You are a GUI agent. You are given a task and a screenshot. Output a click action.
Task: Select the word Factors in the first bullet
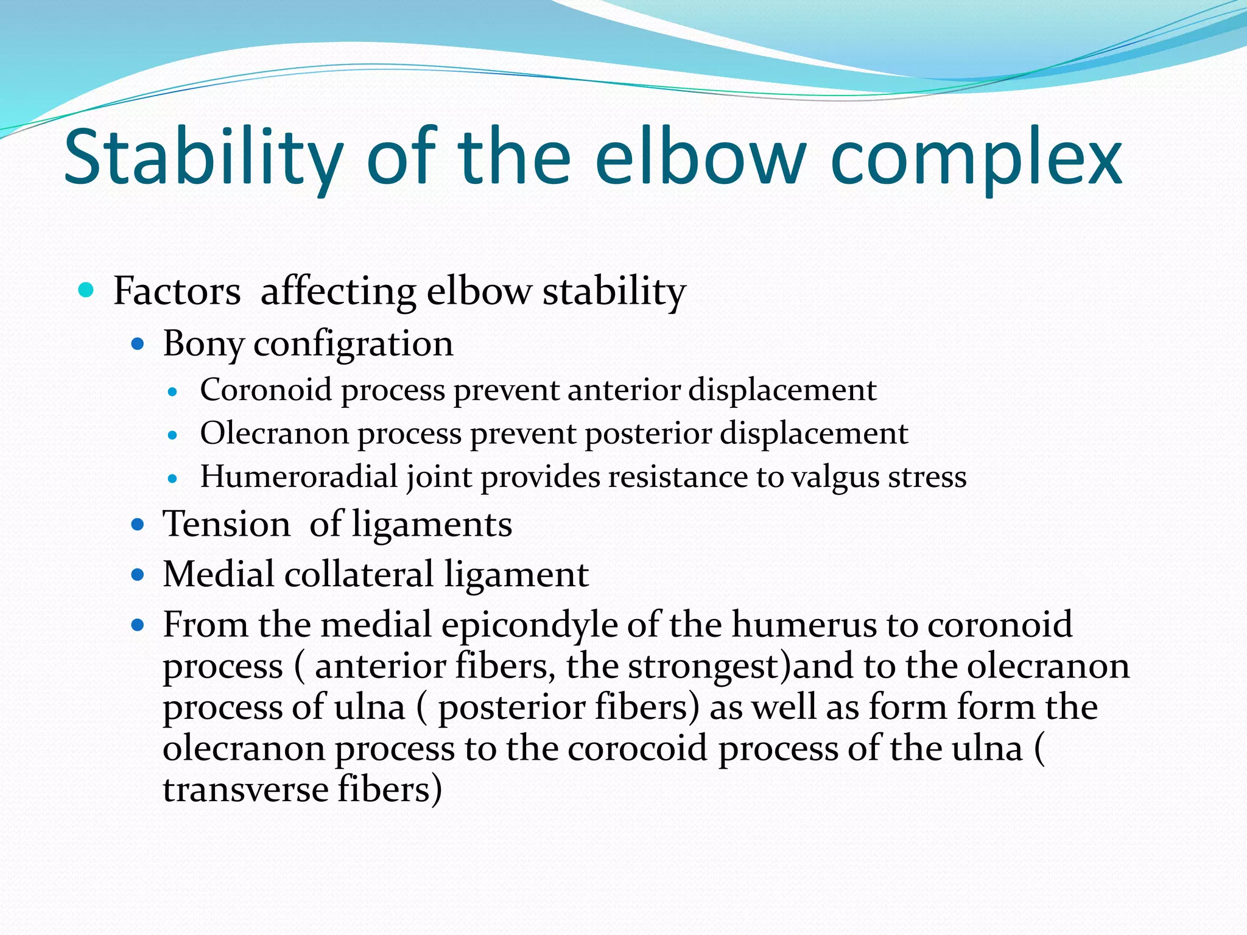tap(177, 291)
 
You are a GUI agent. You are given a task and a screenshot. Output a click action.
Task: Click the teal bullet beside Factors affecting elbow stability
tap(86, 290)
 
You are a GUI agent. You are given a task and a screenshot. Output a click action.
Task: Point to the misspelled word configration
tap(353, 345)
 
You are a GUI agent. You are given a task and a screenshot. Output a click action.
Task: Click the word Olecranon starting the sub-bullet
tap(274, 433)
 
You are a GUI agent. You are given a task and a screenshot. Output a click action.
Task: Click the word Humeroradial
tap(298, 477)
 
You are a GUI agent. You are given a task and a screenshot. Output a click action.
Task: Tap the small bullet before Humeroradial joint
tap(173, 479)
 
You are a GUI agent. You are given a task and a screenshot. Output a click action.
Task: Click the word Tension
tap(227, 524)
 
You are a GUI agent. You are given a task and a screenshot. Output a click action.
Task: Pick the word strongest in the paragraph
tap(703, 667)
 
